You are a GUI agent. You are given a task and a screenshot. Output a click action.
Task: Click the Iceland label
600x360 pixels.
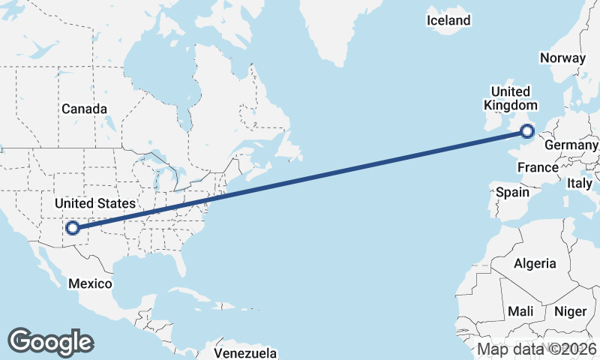tap(448, 20)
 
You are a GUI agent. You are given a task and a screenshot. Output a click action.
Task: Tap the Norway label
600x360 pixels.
tap(562, 58)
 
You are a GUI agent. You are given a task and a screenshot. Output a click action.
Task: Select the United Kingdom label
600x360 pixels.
tap(511, 98)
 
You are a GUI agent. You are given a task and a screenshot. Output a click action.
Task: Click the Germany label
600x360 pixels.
tap(571, 145)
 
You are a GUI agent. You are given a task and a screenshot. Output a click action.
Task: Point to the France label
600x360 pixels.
tap(538, 167)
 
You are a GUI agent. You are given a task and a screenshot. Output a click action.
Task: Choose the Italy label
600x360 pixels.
tap(580, 183)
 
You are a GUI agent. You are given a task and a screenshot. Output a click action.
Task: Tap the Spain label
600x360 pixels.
tap(513, 192)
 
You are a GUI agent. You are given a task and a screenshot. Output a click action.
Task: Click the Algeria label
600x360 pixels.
tap(535, 263)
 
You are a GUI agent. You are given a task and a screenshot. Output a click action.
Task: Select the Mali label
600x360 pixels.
tap(520, 310)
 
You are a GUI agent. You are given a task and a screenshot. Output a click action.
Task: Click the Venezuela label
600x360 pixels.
tap(245, 352)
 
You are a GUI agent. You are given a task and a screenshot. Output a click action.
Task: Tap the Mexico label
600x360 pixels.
tap(90, 283)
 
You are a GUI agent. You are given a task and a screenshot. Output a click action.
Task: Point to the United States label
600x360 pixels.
tap(96, 203)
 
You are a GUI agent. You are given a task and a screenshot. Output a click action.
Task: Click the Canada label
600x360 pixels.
tap(84, 109)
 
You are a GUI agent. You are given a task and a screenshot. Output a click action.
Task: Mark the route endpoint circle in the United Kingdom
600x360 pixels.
tap(527, 130)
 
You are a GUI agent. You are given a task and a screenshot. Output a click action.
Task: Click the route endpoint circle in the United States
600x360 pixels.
tap(73, 228)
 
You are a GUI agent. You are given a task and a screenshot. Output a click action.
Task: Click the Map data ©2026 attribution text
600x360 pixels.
tap(536, 349)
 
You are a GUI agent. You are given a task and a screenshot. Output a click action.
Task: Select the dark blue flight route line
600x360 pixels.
tap(300, 179)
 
